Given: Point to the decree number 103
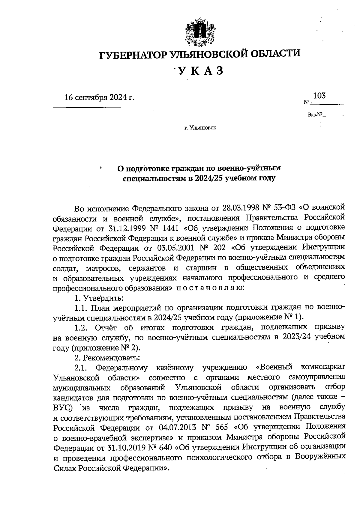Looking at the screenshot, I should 319,96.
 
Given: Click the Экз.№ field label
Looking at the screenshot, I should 315,114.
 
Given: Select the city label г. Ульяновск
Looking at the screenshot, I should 200,128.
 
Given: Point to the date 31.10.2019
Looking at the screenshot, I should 126,447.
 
